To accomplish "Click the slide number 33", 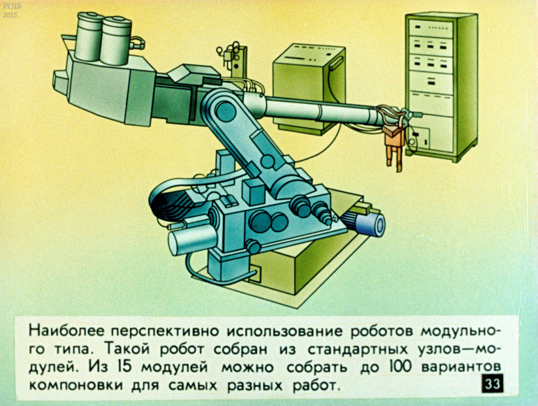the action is (x=493, y=384).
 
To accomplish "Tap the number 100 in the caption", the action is (x=400, y=367).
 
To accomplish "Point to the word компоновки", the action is (x=76, y=385).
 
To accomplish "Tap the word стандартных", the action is (x=358, y=349).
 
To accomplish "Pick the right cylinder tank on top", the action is (x=116, y=41).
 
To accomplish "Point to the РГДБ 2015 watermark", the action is (x=10, y=10).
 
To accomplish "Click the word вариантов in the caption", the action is (x=461, y=367).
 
